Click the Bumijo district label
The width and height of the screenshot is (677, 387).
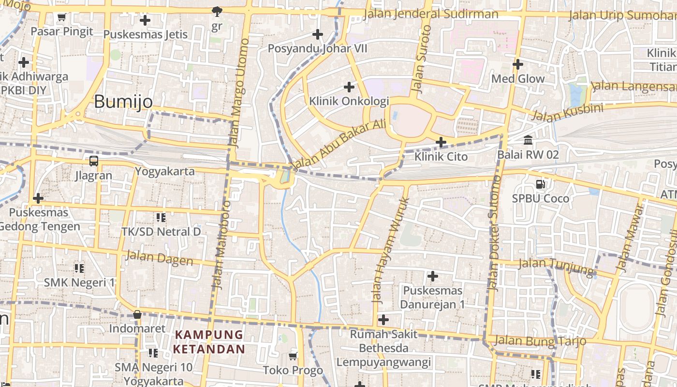123,102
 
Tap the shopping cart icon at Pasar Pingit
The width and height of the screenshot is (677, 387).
61,18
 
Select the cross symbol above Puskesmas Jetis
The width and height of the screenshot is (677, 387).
145,20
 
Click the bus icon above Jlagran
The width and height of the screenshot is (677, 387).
94,161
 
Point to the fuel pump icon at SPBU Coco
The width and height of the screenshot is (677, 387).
540,184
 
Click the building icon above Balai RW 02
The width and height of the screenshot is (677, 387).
528,140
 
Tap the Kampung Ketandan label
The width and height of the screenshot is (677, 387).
209,342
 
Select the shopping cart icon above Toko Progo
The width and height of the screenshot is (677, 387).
293,357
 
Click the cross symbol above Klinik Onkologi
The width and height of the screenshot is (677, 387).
349,87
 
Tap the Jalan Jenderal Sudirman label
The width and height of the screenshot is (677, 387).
430,14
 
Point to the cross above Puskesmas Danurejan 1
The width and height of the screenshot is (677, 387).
433,276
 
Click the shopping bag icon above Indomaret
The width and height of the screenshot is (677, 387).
137,314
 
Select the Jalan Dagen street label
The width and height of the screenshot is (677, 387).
159,258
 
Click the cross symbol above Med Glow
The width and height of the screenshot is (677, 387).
518,64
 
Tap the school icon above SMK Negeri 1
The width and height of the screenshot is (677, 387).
79,268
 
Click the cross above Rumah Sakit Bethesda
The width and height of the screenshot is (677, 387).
383,320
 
